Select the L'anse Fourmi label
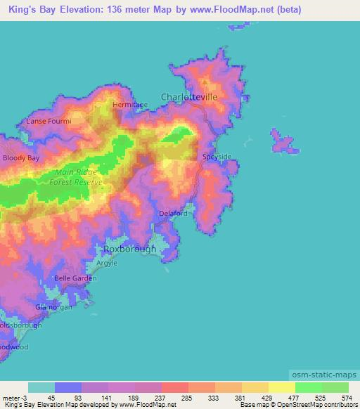tap(49, 121)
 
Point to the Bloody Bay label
tap(21, 158)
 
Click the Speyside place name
tap(217, 157)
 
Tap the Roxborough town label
tap(130, 249)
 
